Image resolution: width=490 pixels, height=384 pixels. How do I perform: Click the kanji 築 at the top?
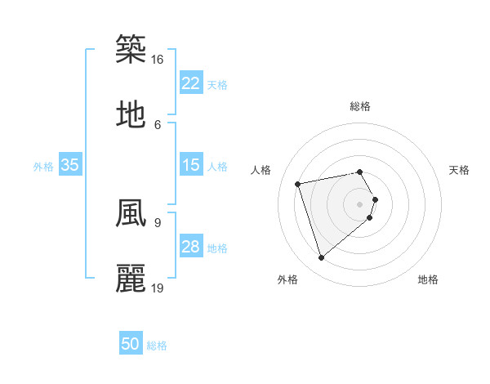(131, 48)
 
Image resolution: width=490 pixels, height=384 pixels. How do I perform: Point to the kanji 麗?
(131, 278)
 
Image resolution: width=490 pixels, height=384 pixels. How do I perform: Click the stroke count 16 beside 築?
(158, 59)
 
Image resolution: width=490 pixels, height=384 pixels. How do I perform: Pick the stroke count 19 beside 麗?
(158, 288)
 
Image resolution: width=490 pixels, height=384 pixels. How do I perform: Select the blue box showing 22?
(191, 83)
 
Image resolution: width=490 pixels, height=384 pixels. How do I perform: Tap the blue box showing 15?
(191, 165)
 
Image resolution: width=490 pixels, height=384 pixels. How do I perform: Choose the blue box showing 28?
(191, 247)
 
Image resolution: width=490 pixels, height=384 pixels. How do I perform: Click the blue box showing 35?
(70, 165)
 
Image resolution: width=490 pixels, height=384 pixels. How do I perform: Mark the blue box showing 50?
(131, 344)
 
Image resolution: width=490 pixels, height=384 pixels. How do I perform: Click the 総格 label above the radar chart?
(360, 106)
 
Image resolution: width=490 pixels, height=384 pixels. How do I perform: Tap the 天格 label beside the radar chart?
(459, 170)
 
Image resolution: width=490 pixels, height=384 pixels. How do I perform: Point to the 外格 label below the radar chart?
(287, 279)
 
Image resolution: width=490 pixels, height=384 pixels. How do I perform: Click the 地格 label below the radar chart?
(428, 279)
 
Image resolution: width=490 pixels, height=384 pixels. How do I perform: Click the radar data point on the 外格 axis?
(322, 258)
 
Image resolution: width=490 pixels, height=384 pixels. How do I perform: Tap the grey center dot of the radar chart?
(360, 203)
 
